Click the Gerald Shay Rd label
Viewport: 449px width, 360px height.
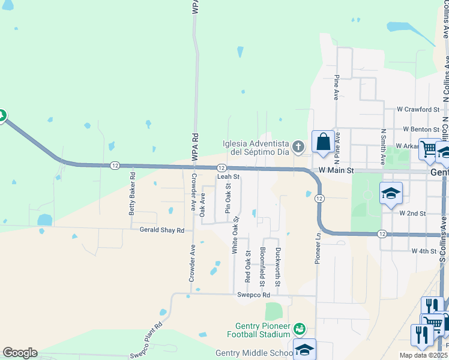click(x=161, y=230)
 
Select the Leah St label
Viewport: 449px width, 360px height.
click(x=228, y=177)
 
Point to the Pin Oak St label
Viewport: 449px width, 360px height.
click(x=228, y=199)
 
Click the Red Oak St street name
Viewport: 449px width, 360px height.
click(x=247, y=267)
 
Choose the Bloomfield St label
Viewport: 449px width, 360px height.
click(x=262, y=266)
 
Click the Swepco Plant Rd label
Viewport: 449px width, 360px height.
click(x=146, y=341)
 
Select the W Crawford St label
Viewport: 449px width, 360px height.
click(x=418, y=110)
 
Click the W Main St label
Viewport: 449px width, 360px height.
click(x=337, y=171)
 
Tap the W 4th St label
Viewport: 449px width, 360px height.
click(x=423, y=251)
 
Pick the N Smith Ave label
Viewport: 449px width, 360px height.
click(x=382, y=147)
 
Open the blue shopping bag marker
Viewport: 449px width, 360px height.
click(x=323, y=143)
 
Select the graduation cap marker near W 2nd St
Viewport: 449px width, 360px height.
click(x=391, y=193)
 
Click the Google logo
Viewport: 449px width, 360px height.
click(x=20, y=353)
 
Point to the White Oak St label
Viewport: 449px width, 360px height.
click(x=236, y=235)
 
